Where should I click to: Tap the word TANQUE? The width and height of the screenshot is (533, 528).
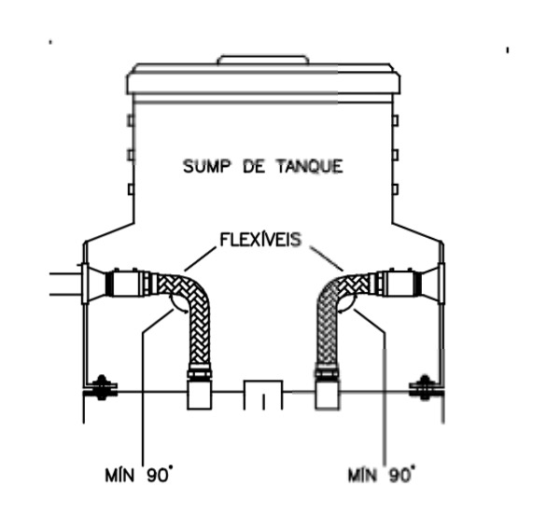pyautogui.click(x=310, y=166)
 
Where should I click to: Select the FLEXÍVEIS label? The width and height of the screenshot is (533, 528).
pyautogui.click(x=260, y=240)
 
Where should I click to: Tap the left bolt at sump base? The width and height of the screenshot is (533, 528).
pyautogui.click(x=101, y=387)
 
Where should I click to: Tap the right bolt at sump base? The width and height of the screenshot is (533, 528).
pyautogui.click(x=424, y=387)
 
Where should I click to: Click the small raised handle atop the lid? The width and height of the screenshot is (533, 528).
pyautogui.click(x=263, y=60)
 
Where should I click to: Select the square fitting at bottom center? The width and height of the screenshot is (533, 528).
pyautogui.click(x=263, y=395)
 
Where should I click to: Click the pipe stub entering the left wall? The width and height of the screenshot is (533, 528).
pyautogui.click(x=65, y=284)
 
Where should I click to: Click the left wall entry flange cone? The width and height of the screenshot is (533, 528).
pyautogui.click(x=96, y=284)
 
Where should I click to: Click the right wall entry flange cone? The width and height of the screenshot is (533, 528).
pyautogui.click(x=430, y=284)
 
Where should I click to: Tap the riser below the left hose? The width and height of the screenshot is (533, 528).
pyautogui.click(x=200, y=394)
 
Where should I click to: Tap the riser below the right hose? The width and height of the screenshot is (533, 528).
pyautogui.click(x=327, y=394)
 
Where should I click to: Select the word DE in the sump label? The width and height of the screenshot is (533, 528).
pyautogui.click(x=254, y=166)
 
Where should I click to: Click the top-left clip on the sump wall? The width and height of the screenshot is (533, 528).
pyautogui.click(x=131, y=120)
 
